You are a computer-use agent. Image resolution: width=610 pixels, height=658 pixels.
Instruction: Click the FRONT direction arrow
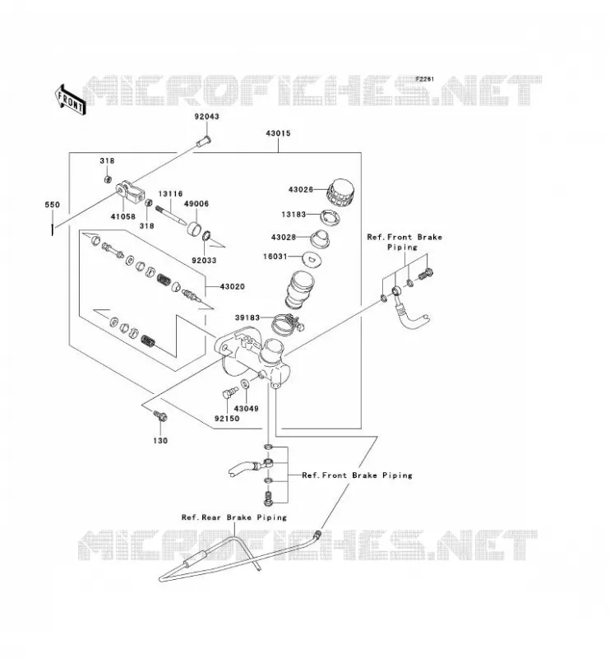click(71, 100)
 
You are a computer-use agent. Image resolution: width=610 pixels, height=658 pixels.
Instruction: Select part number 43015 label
click(278, 133)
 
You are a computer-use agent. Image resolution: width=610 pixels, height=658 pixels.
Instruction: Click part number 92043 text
click(206, 117)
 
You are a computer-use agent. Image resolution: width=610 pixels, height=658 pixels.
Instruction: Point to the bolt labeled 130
click(160, 416)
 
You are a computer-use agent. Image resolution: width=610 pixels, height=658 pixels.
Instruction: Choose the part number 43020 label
click(232, 286)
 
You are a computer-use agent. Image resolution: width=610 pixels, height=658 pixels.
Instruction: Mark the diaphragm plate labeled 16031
click(312, 258)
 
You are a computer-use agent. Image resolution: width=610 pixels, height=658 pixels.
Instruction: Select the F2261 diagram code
click(424, 79)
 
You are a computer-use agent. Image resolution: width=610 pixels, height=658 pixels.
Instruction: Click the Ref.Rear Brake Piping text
click(234, 517)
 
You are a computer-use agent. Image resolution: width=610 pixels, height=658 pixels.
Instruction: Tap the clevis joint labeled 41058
click(131, 192)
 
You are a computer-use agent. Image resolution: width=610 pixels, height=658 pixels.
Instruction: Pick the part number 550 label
click(53, 205)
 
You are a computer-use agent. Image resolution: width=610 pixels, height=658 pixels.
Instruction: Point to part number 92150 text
click(227, 419)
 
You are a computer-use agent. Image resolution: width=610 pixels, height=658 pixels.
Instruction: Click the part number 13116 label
click(170, 194)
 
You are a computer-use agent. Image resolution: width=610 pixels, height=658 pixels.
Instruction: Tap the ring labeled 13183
click(330, 217)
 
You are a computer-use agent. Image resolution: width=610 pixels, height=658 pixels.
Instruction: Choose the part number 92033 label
click(205, 261)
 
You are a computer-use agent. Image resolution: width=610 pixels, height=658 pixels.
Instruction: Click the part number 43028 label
click(284, 237)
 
